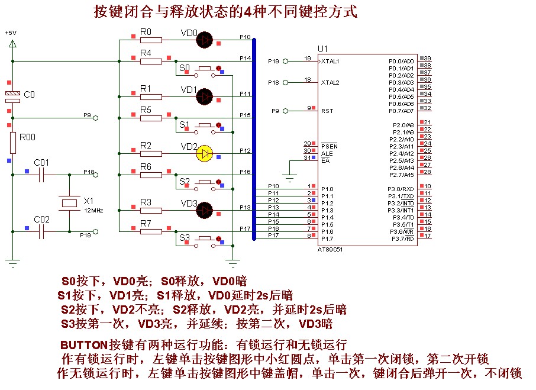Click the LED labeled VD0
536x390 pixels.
(x=205, y=40)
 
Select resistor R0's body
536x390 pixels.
(x=150, y=40)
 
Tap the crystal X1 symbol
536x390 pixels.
(x=69, y=204)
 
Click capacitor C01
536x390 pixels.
(x=41, y=175)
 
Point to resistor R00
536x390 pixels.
(x=12, y=143)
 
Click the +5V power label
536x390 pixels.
(x=11, y=33)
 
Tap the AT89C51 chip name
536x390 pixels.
(x=330, y=249)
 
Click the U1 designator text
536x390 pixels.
(x=322, y=49)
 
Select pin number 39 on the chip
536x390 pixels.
(x=427, y=58)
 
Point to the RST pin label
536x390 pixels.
(x=327, y=111)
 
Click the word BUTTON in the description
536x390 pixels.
(x=83, y=344)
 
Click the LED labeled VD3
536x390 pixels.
(x=205, y=209)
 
